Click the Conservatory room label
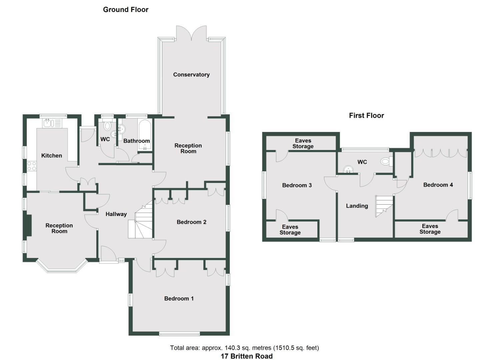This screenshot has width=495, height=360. pyautogui.click(x=191, y=75)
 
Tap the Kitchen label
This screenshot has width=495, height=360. pyautogui.click(x=52, y=156)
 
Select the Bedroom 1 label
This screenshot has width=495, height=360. pyautogui.click(x=179, y=299)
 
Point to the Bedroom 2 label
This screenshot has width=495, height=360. pyautogui.click(x=191, y=222)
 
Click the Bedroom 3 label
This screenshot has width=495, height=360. pyautogui.click(x=297, y=185)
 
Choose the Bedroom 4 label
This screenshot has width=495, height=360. pyautogui.click(x=438, y=185)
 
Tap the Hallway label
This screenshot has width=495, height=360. pyautogui.click(x=116, y=214)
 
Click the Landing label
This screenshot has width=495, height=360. pyautogui.click(x=357, y=206)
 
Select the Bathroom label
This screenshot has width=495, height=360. pyautogui.click(x=136, y=141)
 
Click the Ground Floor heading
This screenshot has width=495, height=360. pyautogui.click(x=126, y=10)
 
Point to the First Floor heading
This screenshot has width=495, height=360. pyautogui.click(x=366, y=116)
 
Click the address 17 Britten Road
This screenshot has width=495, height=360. pyautogui.click(x=246, y=356)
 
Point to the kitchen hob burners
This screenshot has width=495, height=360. pyautogui.click(x=32, y=166)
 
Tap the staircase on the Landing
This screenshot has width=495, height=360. pyautogui.click(x=384, y=205)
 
